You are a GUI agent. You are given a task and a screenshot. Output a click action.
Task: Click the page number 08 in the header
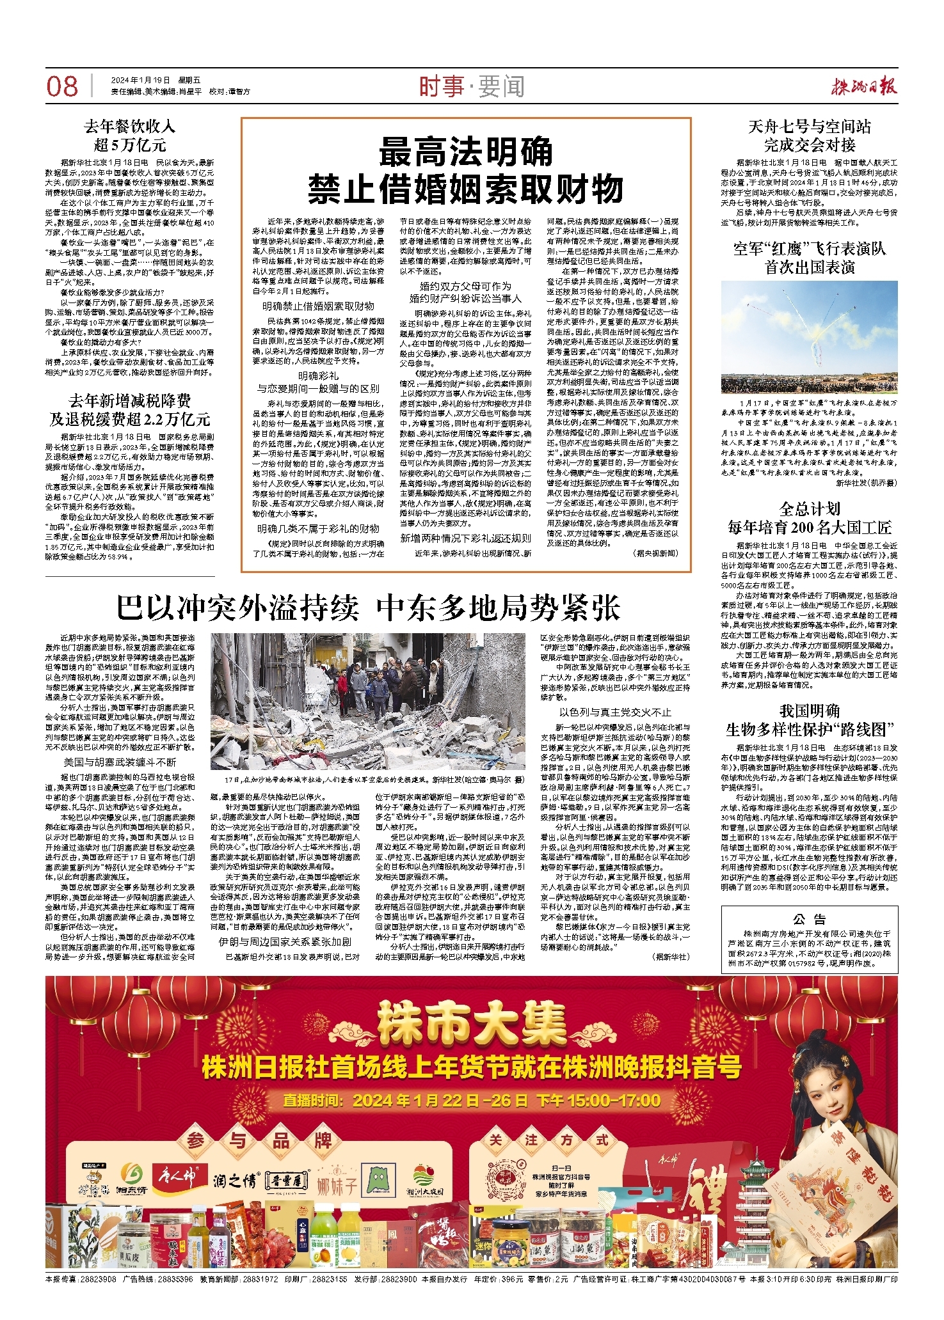62,86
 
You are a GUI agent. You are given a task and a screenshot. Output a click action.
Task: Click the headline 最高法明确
465,153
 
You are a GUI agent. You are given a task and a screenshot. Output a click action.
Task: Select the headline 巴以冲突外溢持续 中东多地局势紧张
368,608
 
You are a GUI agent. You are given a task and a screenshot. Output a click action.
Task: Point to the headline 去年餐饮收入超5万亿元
130,135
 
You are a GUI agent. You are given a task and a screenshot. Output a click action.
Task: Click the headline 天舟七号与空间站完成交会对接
809,135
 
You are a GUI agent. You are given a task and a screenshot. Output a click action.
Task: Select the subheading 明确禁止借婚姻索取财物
318,306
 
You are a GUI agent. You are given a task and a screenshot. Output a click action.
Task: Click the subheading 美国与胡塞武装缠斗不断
120,762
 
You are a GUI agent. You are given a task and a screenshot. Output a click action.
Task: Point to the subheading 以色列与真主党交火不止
615,712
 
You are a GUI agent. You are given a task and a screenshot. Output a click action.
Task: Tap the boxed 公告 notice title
809,920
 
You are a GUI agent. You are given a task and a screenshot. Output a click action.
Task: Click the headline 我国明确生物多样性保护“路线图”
809,719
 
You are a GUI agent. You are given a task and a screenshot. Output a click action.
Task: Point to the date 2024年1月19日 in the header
140,81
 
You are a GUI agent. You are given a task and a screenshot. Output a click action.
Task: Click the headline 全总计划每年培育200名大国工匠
809,518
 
